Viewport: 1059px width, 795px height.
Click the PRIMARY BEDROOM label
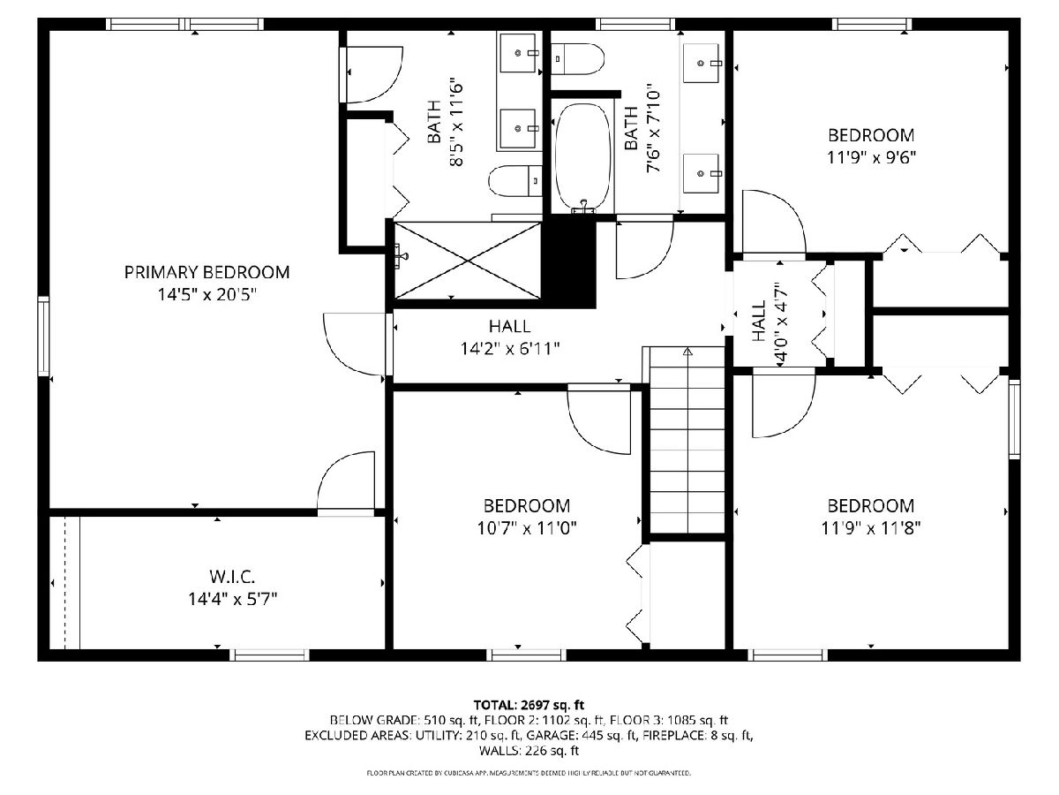click(x=207, y=272)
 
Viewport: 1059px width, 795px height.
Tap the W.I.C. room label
click(x=232, y=576)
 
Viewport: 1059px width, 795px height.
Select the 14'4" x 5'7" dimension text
click(x=233, y=599)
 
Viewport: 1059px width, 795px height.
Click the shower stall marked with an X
click(x=468, y=261)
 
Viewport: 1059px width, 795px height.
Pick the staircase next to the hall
click(x=687, y=440)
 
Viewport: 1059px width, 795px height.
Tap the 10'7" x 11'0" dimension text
click(x=527, y=528)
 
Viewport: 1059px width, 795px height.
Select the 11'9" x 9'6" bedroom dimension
click(x=871, y=157)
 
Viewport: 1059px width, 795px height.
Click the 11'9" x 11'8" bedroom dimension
click(x=871, y=528)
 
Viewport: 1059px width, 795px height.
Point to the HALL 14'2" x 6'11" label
click(x=510, y=337)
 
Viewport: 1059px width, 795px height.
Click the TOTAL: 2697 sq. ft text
click(x=529, y=705)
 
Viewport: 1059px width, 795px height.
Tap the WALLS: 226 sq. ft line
click(x=529, y=751)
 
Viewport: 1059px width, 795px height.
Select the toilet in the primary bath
click(x=515, y=180)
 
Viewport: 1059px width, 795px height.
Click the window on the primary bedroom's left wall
click(x=44, y=336)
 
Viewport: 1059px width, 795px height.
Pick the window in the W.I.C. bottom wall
click(x=269, y=655)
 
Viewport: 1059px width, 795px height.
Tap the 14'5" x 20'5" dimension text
click(x=207, y=294)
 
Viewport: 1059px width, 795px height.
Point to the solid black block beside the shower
click(x=569, y=264)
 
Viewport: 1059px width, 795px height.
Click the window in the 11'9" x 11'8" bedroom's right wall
click(x=1015, y=419)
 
